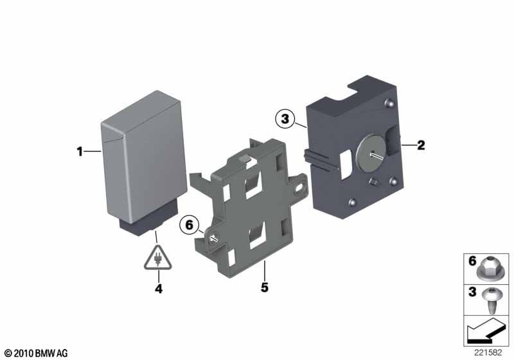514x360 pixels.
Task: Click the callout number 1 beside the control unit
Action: [x=80, y=152]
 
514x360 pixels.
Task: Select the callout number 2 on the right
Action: [x=421, y=145]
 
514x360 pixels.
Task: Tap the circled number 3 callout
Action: [x=285, y=119]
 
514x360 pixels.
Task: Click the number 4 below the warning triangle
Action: [x=159, y=289]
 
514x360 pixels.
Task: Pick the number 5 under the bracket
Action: [x=265, y=287]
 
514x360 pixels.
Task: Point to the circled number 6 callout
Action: [x=189, y=225]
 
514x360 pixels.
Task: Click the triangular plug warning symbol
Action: [x=157, y=258]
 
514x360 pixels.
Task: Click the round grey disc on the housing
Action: [x=371, y=153]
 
